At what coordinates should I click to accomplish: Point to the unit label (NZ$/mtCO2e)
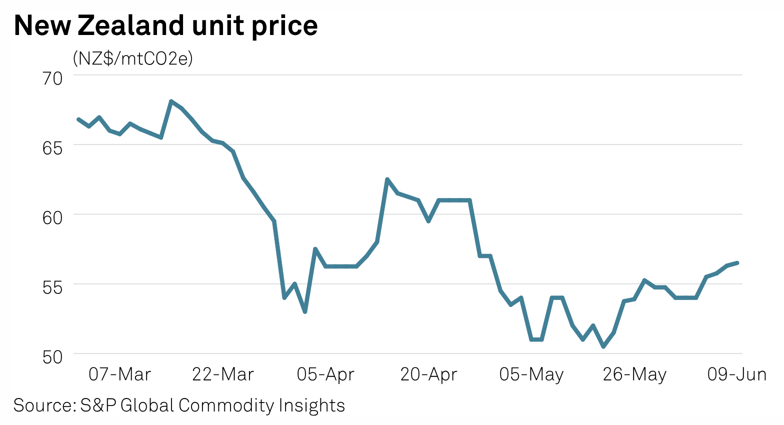coord(132,58)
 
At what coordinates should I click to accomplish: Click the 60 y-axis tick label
coord(52,217)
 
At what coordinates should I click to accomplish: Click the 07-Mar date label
coord(119,374)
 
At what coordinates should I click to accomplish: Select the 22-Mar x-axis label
coord(223,374)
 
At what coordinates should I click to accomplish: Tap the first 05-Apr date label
coord(325,374)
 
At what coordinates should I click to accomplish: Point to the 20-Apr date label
coord(428,374)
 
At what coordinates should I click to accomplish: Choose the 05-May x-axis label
coord(531,374)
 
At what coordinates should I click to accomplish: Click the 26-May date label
coord(634,374)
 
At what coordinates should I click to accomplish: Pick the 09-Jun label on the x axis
coord(736,374)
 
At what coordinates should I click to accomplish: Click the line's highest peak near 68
coord(171,101)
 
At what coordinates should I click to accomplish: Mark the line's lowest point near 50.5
coord(603,346)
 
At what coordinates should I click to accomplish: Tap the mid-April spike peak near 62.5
coord(387,179)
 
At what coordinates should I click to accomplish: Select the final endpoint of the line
coord(737,262)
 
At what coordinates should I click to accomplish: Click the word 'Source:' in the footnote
coord(44,405)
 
